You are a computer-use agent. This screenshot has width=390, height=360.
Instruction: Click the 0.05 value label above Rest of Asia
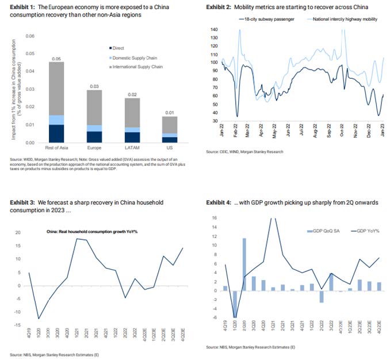[56, 59]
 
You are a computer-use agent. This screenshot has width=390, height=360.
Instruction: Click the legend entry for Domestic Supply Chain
[136, 58]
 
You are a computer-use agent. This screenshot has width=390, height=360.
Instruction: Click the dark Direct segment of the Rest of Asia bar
[56, 133]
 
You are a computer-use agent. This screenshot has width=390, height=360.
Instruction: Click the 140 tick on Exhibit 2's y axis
[215, 29]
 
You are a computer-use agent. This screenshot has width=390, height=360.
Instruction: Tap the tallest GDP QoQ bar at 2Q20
[245, 265]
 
